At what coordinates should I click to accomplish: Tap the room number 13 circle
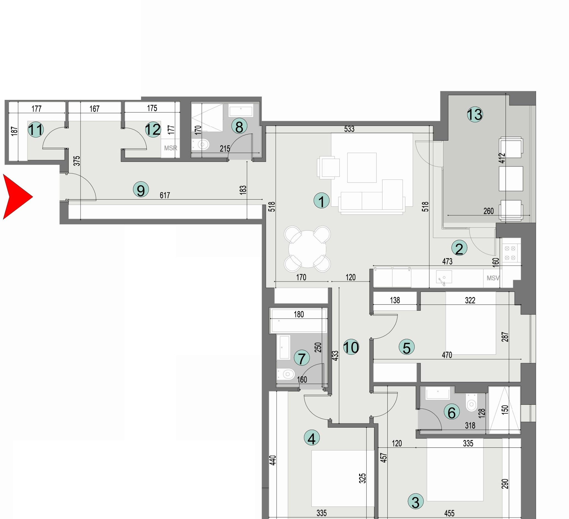click(475, 115)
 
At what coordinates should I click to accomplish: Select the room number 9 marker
click(141, 190)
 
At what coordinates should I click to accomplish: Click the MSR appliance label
click(170, 148)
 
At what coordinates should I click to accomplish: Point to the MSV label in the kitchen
click(493, 278)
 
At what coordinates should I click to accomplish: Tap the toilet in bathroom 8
click(202, 145)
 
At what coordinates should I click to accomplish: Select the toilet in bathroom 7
click(286, 374)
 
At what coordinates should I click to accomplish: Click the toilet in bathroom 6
click(471, 405)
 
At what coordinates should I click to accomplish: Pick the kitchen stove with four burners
click(510, 253)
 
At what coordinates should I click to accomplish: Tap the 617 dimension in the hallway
click(165, 195)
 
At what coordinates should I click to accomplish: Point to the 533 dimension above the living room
click(349, 129)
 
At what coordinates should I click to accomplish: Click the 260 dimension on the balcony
click(489, 211)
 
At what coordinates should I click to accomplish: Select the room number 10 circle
click(351, 347)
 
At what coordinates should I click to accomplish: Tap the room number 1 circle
click(321, 201)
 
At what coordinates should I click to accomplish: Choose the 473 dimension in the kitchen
click(447, 262)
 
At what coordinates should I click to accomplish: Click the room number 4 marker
click(311, 438)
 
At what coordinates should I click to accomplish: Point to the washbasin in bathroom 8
click(241, 111)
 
